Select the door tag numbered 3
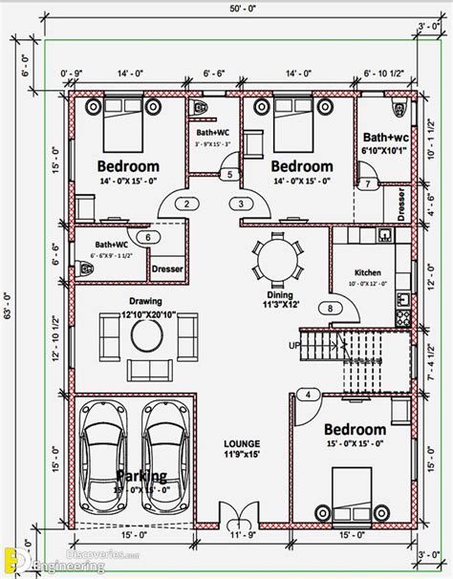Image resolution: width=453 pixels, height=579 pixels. pyautogui.click(x=242, y=204)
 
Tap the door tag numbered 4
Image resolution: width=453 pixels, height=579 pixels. pyautogui.click(x=308, y=394)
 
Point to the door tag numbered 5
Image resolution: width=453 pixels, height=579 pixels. pyautogui.click(x=229, y=174)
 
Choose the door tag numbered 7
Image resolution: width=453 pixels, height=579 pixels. pyautogui.click(x=365, y=183)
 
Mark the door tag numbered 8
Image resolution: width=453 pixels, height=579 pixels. pyautogui.click(x=331, y=308)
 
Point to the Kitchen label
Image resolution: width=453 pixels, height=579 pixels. pyautogui.click(x=368, y=272)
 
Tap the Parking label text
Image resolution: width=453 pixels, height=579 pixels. pyautogui.click(x=141, y=476)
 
